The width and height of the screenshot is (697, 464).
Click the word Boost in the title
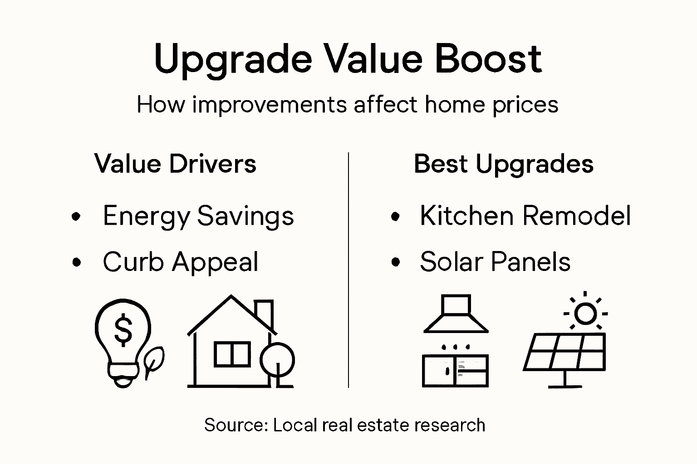[x=488, y=59]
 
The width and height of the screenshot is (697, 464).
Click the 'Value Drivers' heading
[x=175, y=164]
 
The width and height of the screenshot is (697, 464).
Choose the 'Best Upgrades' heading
[x=503, y=164]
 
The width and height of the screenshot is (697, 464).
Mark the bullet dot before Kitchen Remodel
[x=396, y=217]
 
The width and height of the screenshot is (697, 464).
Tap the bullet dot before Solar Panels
[x=396, y=262]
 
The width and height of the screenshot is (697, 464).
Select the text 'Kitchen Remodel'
[x=525, y=215]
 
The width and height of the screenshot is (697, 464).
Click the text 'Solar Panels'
[x=495, y=261]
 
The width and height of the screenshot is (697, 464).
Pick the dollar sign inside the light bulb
[x=123, y=329]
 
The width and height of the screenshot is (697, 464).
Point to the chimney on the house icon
[x=264, y=313]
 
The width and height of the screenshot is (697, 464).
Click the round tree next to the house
[x=277, y=360]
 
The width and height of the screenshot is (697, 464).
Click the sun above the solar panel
[x=585, y=313]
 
